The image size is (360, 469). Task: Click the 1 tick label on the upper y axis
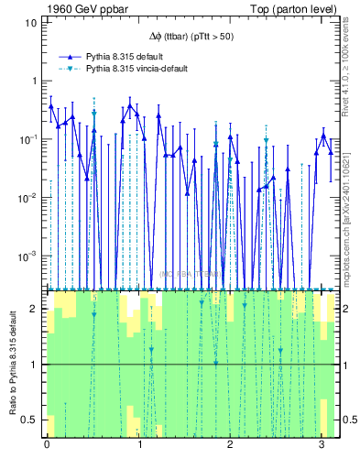point(33,81)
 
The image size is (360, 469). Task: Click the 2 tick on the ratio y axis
point(34,310)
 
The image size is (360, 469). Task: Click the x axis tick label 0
point(47,444)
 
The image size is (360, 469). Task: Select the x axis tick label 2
point(231,444)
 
